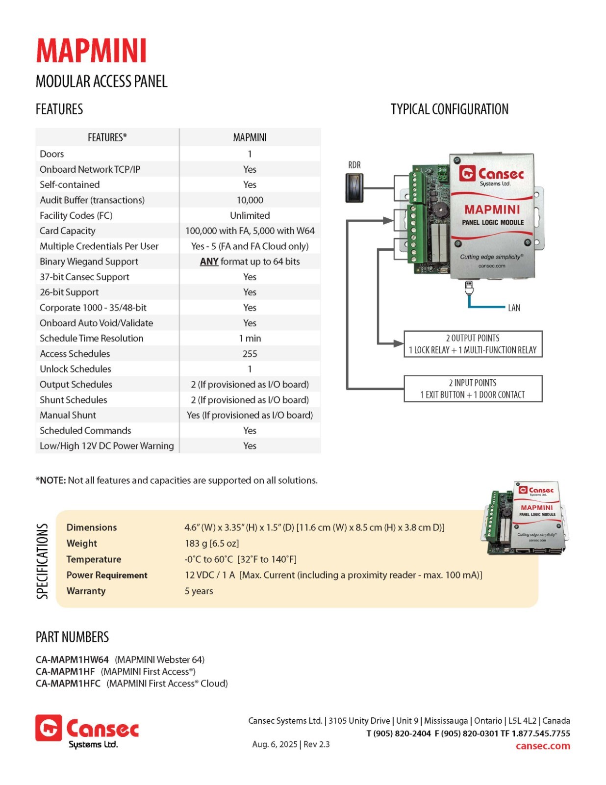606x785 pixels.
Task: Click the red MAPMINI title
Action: tap(91, 51)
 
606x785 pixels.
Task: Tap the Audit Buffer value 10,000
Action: tap(250, 200)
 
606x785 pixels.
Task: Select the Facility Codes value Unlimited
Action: tap(250, 215)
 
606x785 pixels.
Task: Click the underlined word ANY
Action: tap(209, 262)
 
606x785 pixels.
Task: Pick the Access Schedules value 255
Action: tap(250, 354)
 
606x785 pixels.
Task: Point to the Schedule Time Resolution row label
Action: tap(92, 338)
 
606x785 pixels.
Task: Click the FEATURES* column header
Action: tap(107, 138)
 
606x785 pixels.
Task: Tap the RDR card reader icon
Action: tap(354, 188)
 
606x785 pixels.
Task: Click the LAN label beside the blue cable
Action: tap(514, 308)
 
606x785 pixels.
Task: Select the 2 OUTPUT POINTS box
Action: tap(473, 344)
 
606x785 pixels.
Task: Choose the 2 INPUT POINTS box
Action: tap(473, 389)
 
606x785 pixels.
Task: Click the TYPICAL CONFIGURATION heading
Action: tap(450, 109)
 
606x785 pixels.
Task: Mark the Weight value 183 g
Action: tap(198, 543)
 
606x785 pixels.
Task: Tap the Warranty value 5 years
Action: tap(199, 591)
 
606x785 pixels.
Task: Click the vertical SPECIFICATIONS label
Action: tap(42, 561)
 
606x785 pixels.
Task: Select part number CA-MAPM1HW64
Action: tap(72, 660)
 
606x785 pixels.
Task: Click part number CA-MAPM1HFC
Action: tap(68, 683)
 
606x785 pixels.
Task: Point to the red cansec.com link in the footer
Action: tap(543, 746)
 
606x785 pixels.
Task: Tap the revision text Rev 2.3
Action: tap(317, 744)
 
